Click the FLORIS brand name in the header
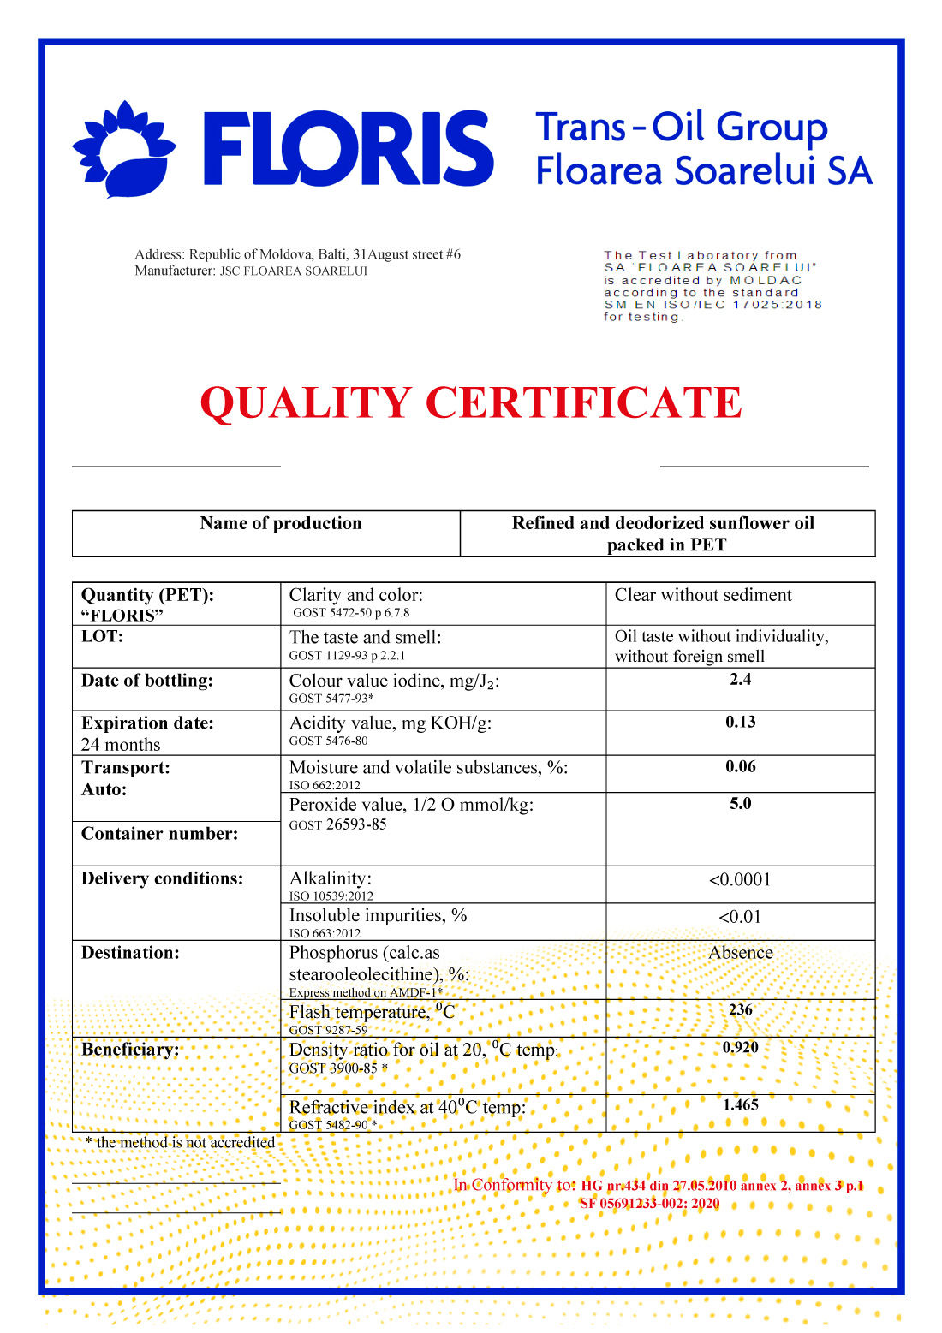348,148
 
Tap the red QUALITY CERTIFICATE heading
471,402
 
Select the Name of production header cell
281,523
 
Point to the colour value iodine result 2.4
741,680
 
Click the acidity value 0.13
741,723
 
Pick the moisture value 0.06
741,767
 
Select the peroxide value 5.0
741,804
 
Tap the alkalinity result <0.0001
741,880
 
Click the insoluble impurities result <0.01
741,917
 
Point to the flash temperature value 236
741,1010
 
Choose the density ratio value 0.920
741,1048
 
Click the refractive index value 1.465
741,1105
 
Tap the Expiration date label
147,723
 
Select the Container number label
159,834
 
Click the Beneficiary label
130,1050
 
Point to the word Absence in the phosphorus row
741,953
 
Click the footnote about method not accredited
181,1143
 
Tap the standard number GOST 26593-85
337,825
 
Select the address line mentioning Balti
297,254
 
